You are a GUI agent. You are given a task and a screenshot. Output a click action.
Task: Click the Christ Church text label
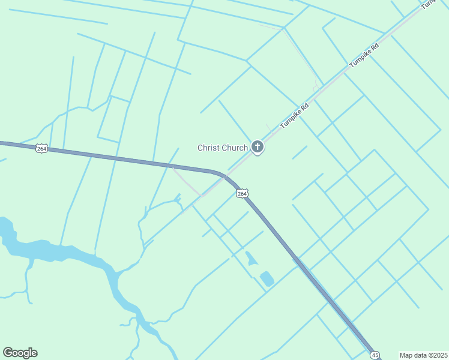click(x=223, y=148)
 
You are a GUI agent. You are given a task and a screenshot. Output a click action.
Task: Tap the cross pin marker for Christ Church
click(x=258, y=146)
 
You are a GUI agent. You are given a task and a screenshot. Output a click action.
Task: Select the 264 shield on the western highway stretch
click(x=41, y=148)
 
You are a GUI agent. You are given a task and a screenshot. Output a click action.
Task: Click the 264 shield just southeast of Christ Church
click(x=241, y=193)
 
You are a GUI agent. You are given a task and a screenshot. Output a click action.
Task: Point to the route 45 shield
click(x=375, y=355)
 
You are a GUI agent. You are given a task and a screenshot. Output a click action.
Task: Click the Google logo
click(x=20, y=353)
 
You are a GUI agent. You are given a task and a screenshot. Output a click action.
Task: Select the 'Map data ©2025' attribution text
click(x=424, y=355)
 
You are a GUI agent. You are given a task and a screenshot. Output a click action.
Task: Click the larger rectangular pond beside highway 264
click(x=267, y=278)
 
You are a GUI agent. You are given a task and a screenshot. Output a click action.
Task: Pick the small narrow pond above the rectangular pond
click(x=250, y=259)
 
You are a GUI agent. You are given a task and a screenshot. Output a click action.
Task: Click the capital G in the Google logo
click(x=8, y=353)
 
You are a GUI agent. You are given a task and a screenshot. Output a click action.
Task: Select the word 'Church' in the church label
click(x=235, y=148)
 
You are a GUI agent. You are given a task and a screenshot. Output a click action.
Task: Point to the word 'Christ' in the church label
click(x=209, y=148)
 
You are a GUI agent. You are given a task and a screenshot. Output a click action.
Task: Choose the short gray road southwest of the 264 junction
click(x=187, y=182)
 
